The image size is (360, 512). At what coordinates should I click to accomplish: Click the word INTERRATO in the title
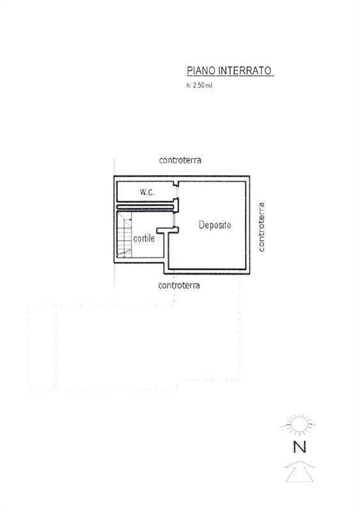245,70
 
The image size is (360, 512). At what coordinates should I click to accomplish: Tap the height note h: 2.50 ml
199,86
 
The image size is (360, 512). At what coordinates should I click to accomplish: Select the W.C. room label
147,192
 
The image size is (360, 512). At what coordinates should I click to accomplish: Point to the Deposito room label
215,225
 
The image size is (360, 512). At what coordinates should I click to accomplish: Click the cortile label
144,238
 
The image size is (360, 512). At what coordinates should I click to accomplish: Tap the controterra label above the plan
180,161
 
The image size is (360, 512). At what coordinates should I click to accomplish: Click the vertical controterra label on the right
262,227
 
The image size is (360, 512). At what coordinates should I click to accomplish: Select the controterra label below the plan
179,285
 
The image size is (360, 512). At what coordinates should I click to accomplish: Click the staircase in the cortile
124,234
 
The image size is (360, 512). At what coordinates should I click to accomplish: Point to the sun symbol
299,425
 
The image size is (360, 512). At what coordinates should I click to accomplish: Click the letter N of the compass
300,447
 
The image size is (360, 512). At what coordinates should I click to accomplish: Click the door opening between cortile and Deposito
175,220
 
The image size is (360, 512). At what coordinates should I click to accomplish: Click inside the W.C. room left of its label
128,192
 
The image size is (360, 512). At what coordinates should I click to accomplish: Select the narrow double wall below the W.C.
146,207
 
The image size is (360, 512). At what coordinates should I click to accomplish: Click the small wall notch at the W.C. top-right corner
176,184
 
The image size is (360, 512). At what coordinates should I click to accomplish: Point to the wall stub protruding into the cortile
167,230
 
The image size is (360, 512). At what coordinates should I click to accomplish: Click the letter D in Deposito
201,225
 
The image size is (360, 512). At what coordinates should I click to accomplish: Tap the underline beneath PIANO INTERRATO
230,76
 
